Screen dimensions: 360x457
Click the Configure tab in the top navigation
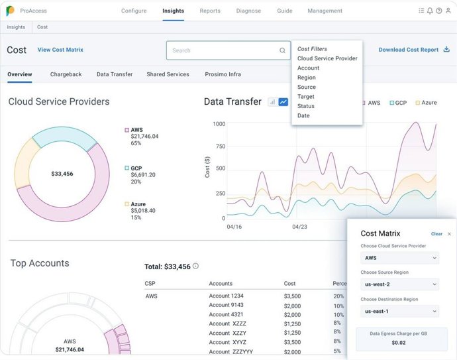[x=134, y=11]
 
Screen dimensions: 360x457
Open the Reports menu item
[x=210, y=11]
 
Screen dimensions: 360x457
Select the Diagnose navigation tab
[x=248, y=11]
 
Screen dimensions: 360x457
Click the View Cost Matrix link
[x=60, y=50]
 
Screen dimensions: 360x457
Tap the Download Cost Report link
[x=409, y=50]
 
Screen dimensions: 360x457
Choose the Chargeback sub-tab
[x=66, y=74]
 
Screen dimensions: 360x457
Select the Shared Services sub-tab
[x=168, y=74]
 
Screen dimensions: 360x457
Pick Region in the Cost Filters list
[x=307, y=78]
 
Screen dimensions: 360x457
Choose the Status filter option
[x=306, y=106]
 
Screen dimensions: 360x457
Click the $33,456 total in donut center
[x=62, y=174]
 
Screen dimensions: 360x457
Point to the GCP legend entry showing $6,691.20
[x=142, y=175]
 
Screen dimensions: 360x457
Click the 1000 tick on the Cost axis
[x=219, y=124]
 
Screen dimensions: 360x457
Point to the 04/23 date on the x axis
[x=301, y=226]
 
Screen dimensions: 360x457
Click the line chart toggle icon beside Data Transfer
[x=283, y=102]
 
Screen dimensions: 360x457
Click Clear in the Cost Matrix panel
[x=436, y=234]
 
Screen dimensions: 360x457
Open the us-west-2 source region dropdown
[x=399, y=284]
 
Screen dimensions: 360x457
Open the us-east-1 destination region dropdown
[x=399, y=311]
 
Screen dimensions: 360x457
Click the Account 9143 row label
[x=226, y=306]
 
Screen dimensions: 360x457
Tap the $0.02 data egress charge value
[x=399, y=342]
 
